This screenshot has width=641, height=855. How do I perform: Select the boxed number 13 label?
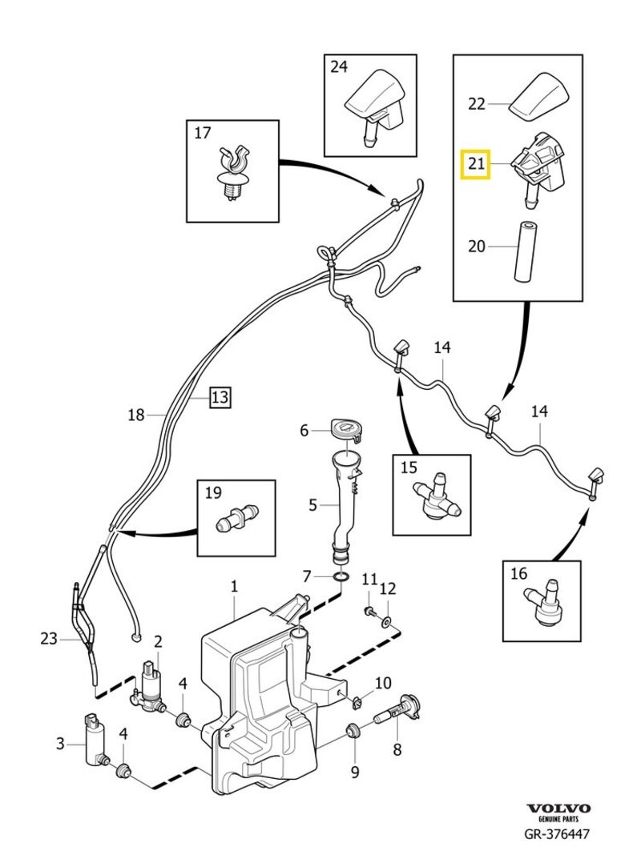pyautogui.click(x=220, y=396)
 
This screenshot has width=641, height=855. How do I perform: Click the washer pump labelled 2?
pyautogui.click(x=151, y=686)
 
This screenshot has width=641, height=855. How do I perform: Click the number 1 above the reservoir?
pyautogui.click(x=234, y=587)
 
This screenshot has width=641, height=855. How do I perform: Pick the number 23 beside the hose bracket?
pyautogui.click(x=49, y=638)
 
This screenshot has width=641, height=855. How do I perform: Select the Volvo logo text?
pyautogui.click(x=558, y=809)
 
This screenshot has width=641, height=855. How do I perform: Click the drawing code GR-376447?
pyautogui.click(x=558, y=836)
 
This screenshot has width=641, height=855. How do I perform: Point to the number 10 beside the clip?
pyautogui.click(x=383, y=683)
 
